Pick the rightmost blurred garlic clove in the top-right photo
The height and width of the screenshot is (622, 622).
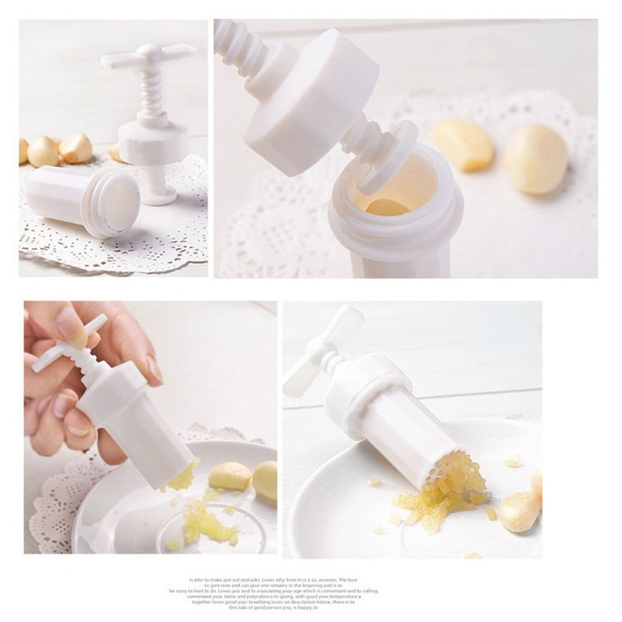tap(536, 159)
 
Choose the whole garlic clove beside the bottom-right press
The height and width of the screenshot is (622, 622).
tap(519, 510)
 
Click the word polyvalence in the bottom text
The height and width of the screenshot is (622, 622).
tap(261, 596)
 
